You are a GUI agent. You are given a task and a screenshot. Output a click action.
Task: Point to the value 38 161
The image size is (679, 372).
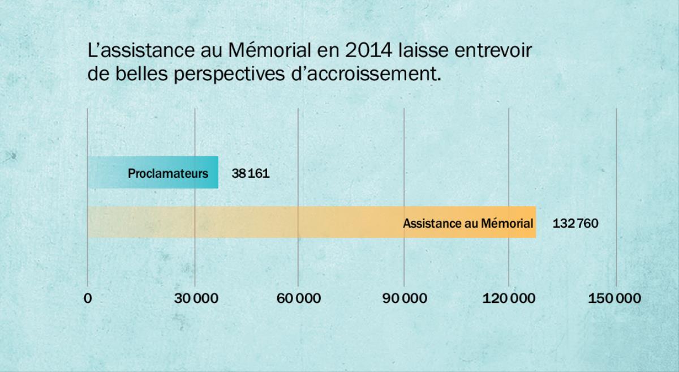pos(250,173)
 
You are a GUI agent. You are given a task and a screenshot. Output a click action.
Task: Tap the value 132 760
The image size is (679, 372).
pos(575,223)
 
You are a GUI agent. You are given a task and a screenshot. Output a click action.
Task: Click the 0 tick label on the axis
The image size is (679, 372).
pos(88,298)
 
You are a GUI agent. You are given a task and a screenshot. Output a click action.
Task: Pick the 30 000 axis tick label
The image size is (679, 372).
pos(196,298)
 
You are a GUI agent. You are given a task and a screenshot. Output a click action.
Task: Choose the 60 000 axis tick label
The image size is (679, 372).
pos(298,298)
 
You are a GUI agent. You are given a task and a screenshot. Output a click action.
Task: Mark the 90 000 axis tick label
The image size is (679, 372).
pos(404,298)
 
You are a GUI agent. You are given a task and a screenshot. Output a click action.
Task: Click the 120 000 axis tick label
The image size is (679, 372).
pos(509,298)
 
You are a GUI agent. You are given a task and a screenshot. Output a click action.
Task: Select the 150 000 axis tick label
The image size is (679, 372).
pos(614,298)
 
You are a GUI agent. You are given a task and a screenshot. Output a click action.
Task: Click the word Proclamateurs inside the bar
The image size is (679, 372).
pos(168,173)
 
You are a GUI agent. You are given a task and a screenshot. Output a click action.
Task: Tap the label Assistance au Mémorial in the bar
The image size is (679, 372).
pos(468,223)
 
